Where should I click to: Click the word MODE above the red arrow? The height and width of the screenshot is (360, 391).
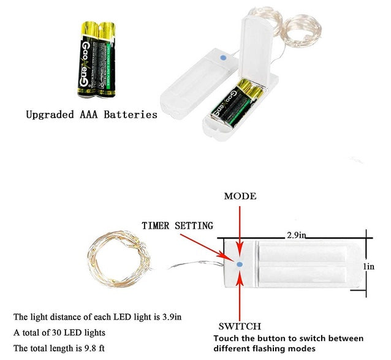click(x=240, y=196)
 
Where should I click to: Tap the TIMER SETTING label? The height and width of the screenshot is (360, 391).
click(x=177, y=225)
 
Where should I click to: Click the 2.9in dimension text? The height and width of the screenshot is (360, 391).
click(x=297, y=235)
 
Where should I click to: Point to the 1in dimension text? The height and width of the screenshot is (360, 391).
click(x=368, y=266)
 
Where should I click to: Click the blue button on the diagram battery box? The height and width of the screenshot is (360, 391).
click(x=240, y=264)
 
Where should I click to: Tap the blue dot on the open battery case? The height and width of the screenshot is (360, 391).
click(x=222, y=56)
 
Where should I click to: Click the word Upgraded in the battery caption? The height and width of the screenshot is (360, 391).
click(x=51, y=114)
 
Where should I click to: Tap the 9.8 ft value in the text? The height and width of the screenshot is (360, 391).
click(x=94, y=348)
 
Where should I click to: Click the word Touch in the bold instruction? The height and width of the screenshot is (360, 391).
click(x=228, y=339)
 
